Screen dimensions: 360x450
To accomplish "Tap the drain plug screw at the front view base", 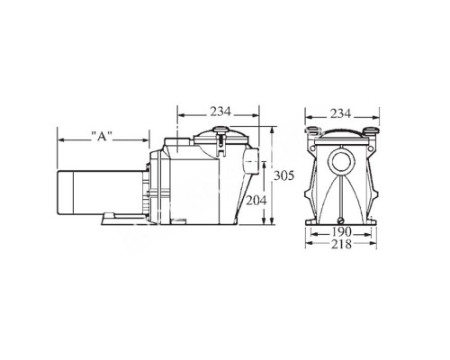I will click(x=341, y=219).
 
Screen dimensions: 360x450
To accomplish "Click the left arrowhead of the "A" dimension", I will click(x=60, y=137).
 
